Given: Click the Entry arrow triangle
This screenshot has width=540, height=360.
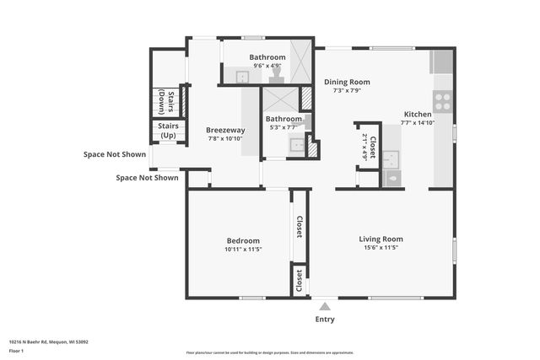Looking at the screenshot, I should point(324,306).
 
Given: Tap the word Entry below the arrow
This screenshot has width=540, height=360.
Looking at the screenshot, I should point(325,320).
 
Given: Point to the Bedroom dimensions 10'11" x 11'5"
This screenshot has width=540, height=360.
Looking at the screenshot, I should point(243,249).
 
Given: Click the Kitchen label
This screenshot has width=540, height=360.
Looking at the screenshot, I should point(418,114).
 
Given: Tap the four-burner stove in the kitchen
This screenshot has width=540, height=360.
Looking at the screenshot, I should point(443,101).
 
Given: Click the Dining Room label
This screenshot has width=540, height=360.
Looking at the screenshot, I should point(347,82).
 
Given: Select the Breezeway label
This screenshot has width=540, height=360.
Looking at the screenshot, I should point(225,130).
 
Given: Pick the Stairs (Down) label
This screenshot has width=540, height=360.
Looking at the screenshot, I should point(165,101).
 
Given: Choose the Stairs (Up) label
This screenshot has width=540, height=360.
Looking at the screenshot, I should point(168,131).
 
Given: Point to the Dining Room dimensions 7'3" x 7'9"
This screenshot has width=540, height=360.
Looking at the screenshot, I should point(347,90).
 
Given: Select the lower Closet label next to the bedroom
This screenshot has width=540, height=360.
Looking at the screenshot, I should point(299,280).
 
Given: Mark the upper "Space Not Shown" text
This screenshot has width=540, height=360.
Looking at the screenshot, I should point(114,154).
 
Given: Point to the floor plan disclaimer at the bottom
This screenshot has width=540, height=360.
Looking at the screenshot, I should point(270,352).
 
